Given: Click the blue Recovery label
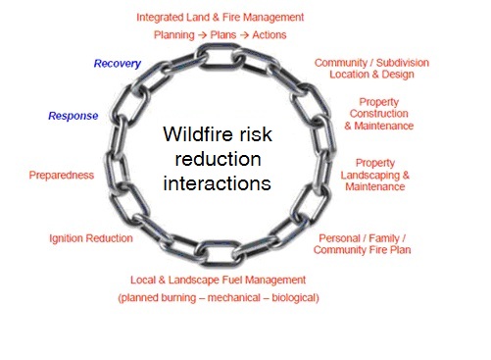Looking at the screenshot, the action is click(x=118, y=64).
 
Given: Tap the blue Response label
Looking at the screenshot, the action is click(x=74, y=116).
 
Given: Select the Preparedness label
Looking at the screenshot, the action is click(x=62, y=175).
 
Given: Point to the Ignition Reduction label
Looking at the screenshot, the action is click(x=91, y=238).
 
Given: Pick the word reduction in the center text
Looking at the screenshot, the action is click(x=218, y=159).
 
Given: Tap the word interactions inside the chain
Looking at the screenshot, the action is click(x=217, y=183).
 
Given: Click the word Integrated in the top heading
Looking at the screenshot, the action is click(x=160, y=18).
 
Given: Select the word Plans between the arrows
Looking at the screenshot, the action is click(x=222, y=34).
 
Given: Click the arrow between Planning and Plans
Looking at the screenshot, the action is click(x=202, y=35).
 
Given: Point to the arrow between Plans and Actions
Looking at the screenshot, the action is click(x=244, y=35).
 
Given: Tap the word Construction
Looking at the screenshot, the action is click(x=378, y=114).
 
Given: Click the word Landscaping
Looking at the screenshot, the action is click(x=369, y=176).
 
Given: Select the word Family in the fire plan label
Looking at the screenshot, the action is click(x=384, y=238).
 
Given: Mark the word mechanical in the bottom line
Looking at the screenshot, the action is click(x=234, y=297).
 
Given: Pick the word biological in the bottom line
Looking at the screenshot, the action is click(x=295, y=298).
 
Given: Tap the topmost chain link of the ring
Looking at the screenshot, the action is click(x=220, y=56).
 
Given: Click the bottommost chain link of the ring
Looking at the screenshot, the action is click(x=220, y=253).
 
